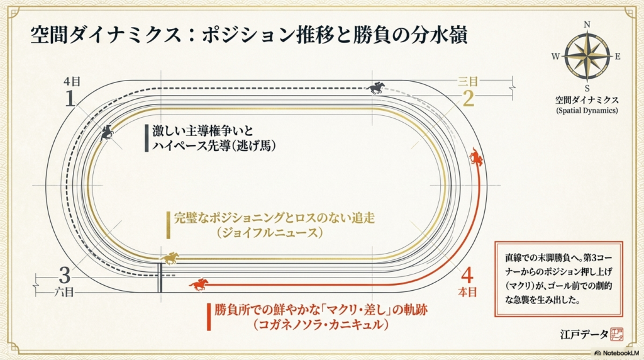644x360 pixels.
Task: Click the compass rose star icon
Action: click(x=587, y=56)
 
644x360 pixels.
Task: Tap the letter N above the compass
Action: click(x=587, y=25)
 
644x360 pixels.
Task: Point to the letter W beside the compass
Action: click(x=555, y=56)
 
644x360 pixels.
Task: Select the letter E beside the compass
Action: click(x=618, y=56)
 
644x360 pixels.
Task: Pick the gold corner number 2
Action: click(x=468, y=98)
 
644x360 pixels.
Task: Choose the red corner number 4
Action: click(x=467, y=275)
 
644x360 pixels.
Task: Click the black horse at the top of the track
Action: click(x=377, y=88)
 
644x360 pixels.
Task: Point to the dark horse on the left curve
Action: click(x=107, y=132)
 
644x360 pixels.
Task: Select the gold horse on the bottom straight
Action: click(x=170, y=258)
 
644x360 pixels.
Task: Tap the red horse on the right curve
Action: click(x=477, y=157)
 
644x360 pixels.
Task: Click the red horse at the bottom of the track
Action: click(x=199, y=284)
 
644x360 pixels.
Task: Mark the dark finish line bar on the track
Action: click(x=160, y=277)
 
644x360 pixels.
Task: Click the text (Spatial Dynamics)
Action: click(x=587, y=111)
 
